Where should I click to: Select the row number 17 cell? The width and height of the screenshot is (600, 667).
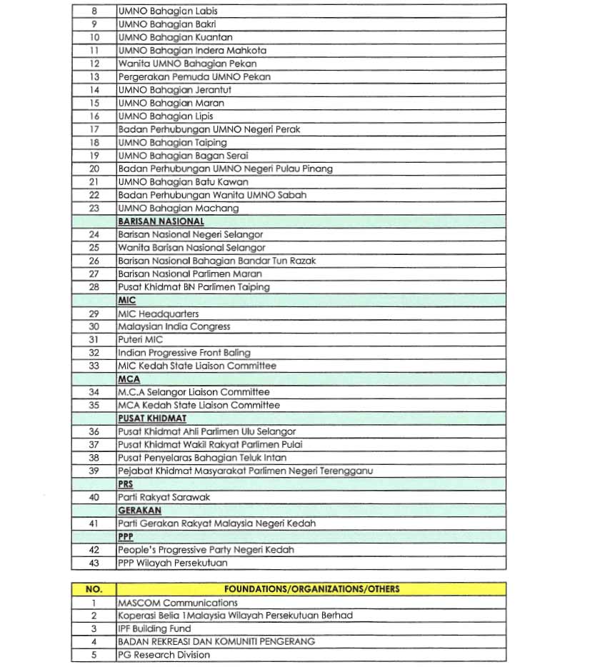click(94, 129)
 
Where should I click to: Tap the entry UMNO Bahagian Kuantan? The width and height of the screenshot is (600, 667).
click(175, 37)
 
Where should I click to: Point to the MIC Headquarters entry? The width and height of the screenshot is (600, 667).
click(159, 314)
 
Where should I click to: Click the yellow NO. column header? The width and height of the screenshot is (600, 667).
click(94, 589)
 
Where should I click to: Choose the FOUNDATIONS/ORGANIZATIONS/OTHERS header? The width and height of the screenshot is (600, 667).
click(311, 589)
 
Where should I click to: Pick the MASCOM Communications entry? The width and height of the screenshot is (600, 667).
click(177, 603)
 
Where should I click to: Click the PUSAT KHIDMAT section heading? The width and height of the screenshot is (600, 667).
click(152, 418)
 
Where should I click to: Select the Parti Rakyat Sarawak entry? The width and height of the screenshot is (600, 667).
click(164, 497)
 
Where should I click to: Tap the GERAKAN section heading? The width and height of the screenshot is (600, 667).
click(139, 511)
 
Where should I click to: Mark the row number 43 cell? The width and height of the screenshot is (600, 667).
click(94, 563)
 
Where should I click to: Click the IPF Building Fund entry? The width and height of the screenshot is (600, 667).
click(154, 628)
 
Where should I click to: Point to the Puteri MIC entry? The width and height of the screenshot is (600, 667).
click(141, 340)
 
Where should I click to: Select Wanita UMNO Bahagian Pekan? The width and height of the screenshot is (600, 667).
click(187, 64)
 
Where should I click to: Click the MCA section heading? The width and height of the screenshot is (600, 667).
click(129, 379)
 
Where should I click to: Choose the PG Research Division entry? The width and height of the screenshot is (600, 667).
click(164, 655)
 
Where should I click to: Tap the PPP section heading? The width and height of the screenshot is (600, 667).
click(126, 536)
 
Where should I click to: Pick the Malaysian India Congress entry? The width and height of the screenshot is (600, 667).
click(174, 326)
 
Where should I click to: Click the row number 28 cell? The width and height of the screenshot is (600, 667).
click(94, 287)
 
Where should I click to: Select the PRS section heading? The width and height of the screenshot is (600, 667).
click(126, 484)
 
